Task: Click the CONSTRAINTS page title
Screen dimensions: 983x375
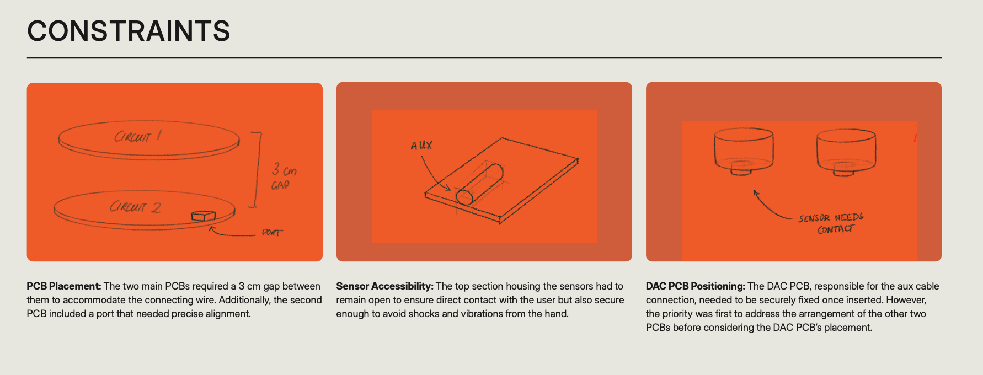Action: [x=129, y=31]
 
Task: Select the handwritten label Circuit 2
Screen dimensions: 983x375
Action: [x=135, y=207]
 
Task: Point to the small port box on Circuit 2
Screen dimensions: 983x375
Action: [x=202, y=216]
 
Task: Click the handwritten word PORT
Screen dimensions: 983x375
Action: [x=272, y=233]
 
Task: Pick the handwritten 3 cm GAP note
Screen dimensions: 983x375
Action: [x=284, y=176]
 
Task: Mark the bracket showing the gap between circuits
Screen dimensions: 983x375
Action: [x=257, y=169]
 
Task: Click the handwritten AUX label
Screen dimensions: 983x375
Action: [x=421, y=146]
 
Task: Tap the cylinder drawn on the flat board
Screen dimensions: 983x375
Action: [x=479, y=184]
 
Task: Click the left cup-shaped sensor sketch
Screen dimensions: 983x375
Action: [x=744, y=152]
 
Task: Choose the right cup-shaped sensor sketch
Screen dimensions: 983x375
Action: [x=846, y=152]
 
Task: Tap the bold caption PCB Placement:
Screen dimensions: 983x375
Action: [x=64, y=286]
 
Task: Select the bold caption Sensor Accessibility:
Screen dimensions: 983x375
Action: [x=385, y=286]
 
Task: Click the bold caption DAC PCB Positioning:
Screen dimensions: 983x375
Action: [x=696, y=286]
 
